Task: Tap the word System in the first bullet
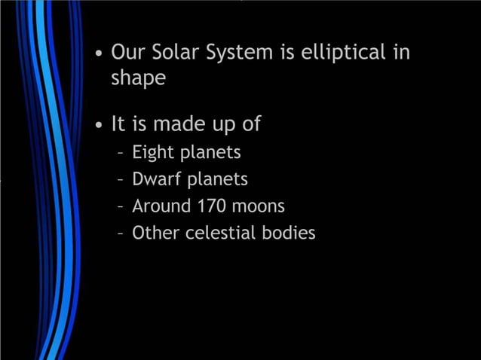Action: click(x=249, y=53)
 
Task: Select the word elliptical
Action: click(x=343, y=53)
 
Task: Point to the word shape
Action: click(x=139, y=78)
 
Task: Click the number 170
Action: click(x=214, y=206)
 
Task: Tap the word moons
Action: click(x=259, y=206)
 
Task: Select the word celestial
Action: click(x=219, y=233)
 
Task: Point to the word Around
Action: click(x=161, y=206)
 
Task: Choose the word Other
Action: click(x=154, y=233)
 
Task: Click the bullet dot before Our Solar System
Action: click(x=99, y=55)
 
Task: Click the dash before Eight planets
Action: click(x=121, y=154)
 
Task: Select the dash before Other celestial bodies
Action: click(x=121, y=234)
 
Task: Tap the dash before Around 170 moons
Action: click(x=121, y=207)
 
